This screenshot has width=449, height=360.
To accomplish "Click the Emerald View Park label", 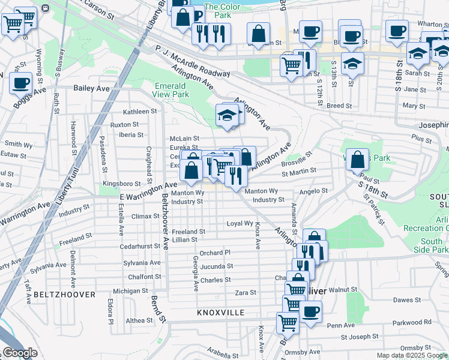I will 171,90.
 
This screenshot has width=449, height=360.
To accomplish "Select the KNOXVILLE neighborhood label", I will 221,313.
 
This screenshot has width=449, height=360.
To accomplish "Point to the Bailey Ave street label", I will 92,88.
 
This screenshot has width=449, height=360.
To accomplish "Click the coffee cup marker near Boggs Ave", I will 21,84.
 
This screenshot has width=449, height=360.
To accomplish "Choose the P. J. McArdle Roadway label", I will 192,61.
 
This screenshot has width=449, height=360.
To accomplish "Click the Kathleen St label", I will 140,112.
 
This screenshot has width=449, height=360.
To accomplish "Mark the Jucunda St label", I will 217,266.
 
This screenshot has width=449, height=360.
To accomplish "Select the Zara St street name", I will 246,293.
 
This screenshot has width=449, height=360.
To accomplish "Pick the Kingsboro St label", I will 122,183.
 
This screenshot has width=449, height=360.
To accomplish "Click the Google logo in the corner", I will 20,353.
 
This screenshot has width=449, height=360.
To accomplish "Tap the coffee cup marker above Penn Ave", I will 311,313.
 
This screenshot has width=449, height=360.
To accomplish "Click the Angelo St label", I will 314,191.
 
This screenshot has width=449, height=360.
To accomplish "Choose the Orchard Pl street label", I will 215,253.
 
